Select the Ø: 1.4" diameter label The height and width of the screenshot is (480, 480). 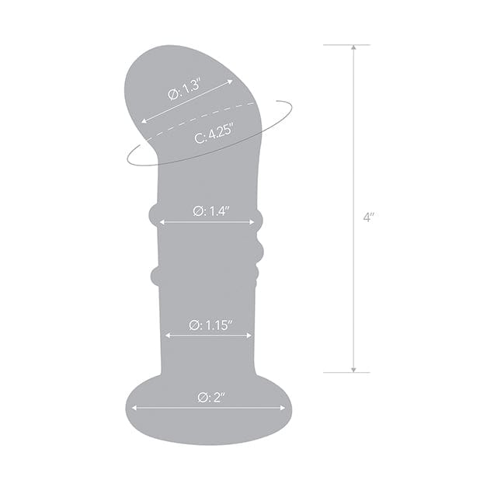pyautogui.click(x=207, y=210)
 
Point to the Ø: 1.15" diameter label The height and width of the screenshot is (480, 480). pyautogui.click(x=207, y=325)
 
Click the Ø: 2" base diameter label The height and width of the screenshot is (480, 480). pyautogui.click(x=209, y=397)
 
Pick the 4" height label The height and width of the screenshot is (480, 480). pyautogui.click(x=368, y=217)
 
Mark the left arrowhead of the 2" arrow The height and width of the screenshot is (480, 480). pyautogui.click(x=134, y=407)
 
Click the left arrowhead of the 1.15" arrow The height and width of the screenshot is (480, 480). pyautogui.click(x=168, y=336)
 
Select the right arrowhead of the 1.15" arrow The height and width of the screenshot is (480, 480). pyautogui.click(x=249, y=336)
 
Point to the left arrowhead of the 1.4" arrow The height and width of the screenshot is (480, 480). pyautogui.click(x=162, y=222)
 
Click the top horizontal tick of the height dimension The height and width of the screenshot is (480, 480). pyautogui.click(x=346, y=45)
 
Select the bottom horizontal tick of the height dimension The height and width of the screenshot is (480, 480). pyautogui.click(x=346, y=372)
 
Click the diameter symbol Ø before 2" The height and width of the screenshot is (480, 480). pyautogui.click(x=200, y=397)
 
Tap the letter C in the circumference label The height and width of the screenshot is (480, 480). pyautogui.click(x=199, y=138)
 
